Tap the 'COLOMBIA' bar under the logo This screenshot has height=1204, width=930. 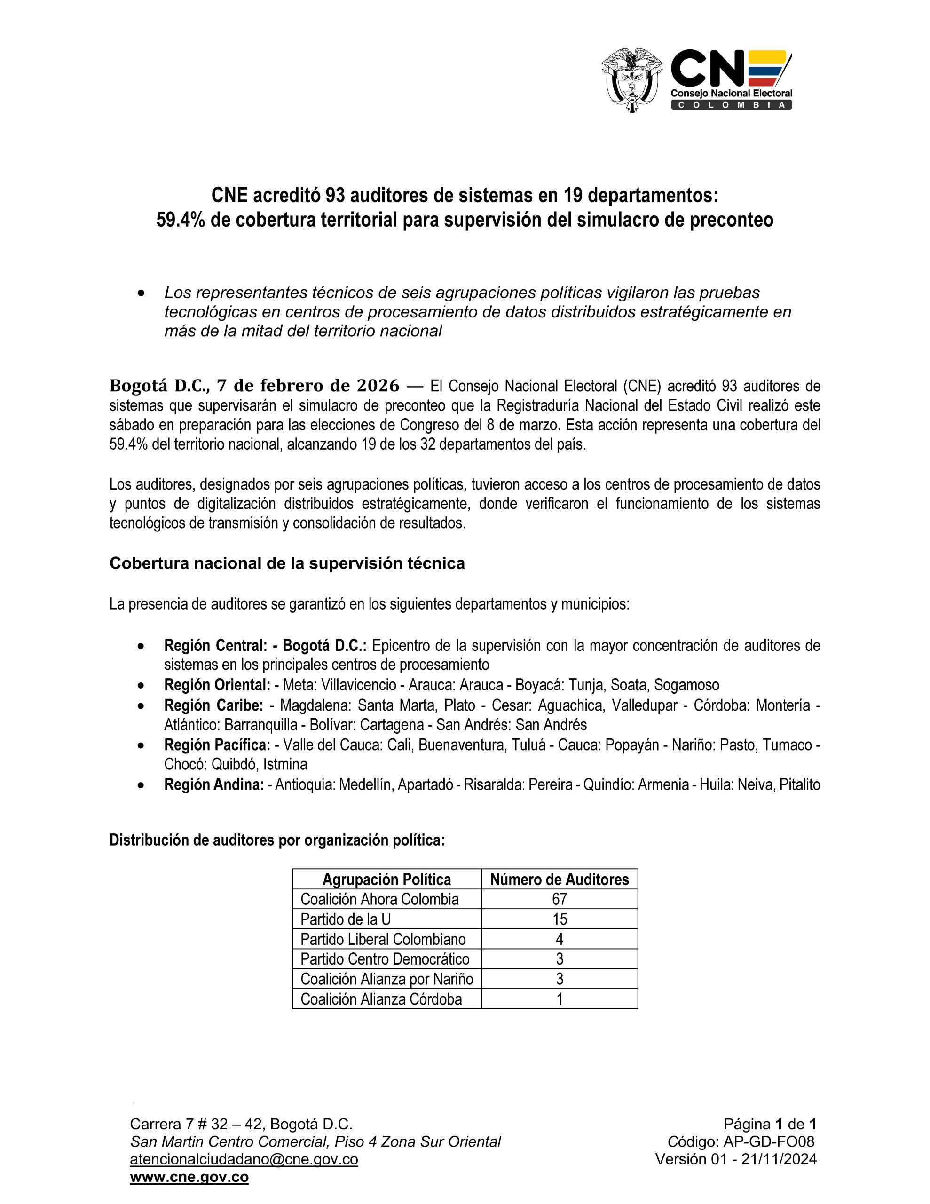[x=731, y=105]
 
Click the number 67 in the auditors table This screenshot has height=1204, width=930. [x=559, y=899]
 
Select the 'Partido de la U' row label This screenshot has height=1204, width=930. [x=345, y=919]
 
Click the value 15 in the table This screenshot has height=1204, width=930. [x=559, y=919]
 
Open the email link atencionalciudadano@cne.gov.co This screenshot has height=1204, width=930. [x=244, y=1159]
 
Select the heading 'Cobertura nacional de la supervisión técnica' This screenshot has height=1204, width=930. [x=287, y=563]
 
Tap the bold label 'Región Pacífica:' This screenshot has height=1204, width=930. [x=217, y=745]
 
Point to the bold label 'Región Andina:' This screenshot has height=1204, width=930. [x=214, y=784]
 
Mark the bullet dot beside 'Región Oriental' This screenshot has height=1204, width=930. [x=142, y=685]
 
